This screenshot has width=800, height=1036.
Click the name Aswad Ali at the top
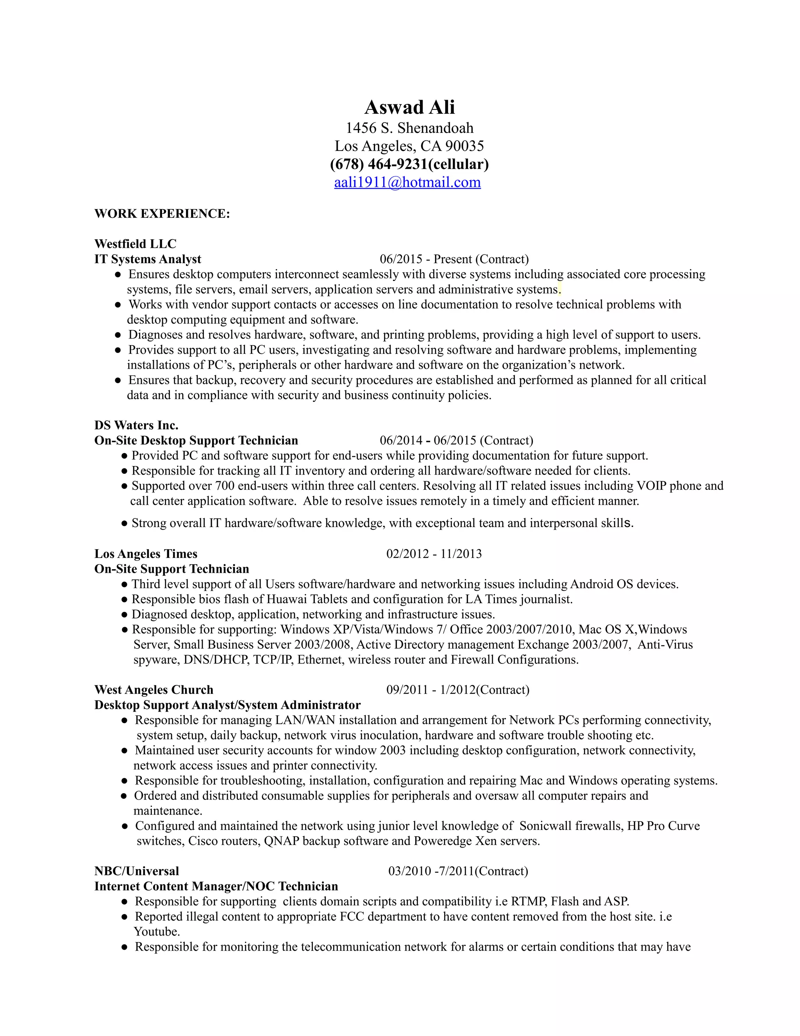[x=409, y=107]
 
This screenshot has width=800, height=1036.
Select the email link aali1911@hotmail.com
[x=407, y=182]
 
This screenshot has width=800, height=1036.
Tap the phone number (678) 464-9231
[x=378, y=164]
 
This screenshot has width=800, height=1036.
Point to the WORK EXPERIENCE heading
[x=162, y=213]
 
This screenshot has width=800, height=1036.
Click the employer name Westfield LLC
[x=135, y=244]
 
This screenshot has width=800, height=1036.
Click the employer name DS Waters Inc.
[x=136, y=425]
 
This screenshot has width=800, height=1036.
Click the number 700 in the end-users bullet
[x=225, y=486]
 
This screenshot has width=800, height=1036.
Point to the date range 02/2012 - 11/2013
[x=434, y=554]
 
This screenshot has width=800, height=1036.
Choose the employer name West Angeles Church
[x=154, y=690]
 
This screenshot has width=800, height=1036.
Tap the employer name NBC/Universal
[x=136, y=871]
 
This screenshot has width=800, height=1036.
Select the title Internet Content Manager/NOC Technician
[x=216, y=886]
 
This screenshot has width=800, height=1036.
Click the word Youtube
[x=156, y=932]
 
